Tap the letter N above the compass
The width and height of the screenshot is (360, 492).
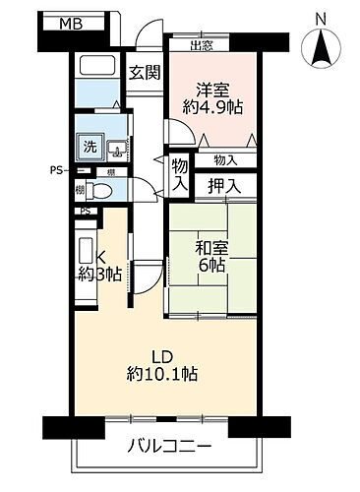tap(322, 18)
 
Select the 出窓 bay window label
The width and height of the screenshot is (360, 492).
tap(201, 44)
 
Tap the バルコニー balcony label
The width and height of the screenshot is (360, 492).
tap(168, 447)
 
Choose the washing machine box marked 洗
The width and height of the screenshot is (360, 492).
tap(90, 149)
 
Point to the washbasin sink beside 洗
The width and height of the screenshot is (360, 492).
tap(116, 151)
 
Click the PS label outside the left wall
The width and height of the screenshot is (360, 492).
tap(58, 170)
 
